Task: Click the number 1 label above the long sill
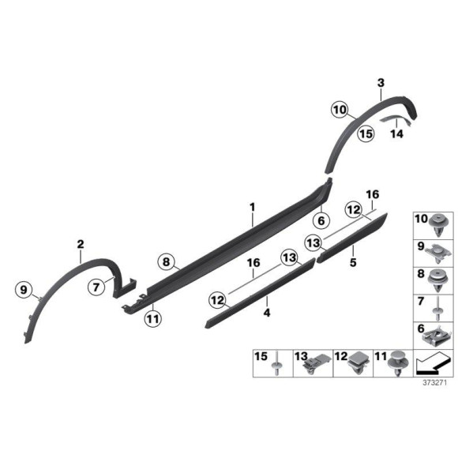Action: click(253, 208)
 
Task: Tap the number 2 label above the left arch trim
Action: click(81, 244)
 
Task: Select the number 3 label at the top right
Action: click(381, 83)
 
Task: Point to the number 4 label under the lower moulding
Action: click(267, 313)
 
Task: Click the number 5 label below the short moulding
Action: click(353, 262)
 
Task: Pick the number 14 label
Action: click(397, 133)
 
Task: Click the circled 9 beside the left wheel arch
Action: click(24, 290)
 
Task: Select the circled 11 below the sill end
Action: click(153, 319)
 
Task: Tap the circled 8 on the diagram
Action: click(166, 261)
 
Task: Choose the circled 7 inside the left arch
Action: click(96, 287)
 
